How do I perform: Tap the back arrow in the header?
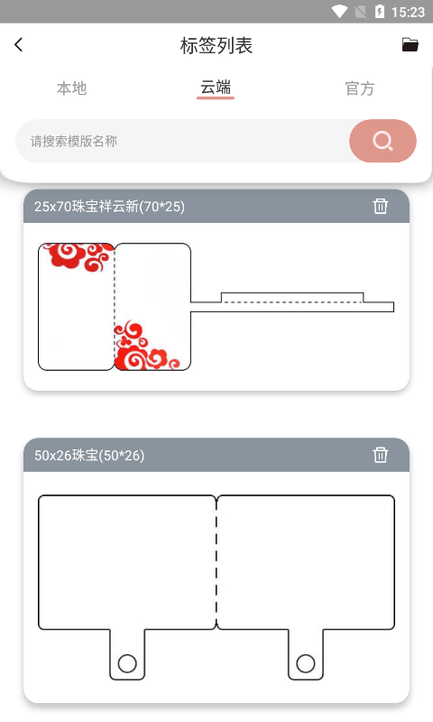pyautogui.click(x=19, y=45)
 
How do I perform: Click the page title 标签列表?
pyautogui.click(x=216, y=45)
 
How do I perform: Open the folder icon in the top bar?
pyautogui.click(x=410, y=45)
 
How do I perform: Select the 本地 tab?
pyautogui.click(x=72, y=88)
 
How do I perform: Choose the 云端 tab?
pyautogui.click(x=216, y=88)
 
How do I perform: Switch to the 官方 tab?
pyautogui.click(x=359, y=88)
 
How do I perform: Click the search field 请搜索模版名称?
pyautogui.click(x=180, y=141)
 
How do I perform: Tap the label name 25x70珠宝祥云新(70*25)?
pyautogui.click(x=109, y=207)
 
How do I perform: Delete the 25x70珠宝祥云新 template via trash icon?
pyautogui.click(x=381, y=206)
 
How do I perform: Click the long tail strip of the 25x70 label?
pyautogui.click(x=293, y=302)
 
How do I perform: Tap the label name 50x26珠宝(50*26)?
pyautogui.click(x=89, y=456)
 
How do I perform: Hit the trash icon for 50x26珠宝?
pyautogui.click(x=381, y=455)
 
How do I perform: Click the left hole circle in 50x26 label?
pyautogui.click(x=127, y=663)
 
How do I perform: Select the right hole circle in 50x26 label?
pyautogui.click(x=306, y=663)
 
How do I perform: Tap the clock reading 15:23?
pyautogui.click(x=409, y=12)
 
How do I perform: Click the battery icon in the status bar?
pyautogui.click(x=380, y=12)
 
